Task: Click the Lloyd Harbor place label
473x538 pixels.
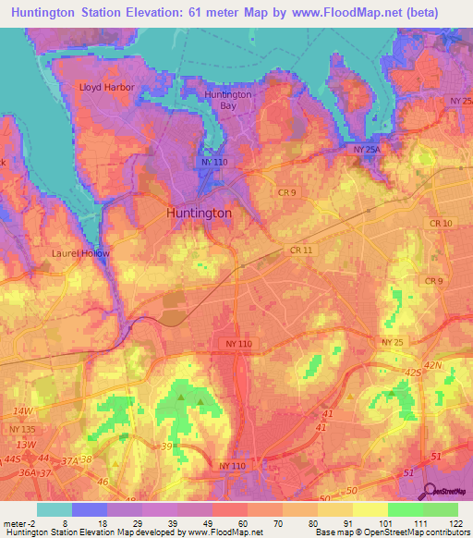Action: click(x=107, y=88)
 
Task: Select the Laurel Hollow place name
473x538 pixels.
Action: click(x=80, y=253)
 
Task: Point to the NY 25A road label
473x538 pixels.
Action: click(x=367, y=148)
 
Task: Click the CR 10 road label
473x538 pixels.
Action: click(x=441, y=224)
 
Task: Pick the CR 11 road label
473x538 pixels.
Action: click(x=300, y=251)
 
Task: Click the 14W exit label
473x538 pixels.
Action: click(x=22, y=410)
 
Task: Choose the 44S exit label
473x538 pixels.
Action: click(x=12, y=459)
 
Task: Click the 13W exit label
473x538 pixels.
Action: click(x=27, y=444)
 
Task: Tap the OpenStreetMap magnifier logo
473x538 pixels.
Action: click(x=431, y=492)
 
